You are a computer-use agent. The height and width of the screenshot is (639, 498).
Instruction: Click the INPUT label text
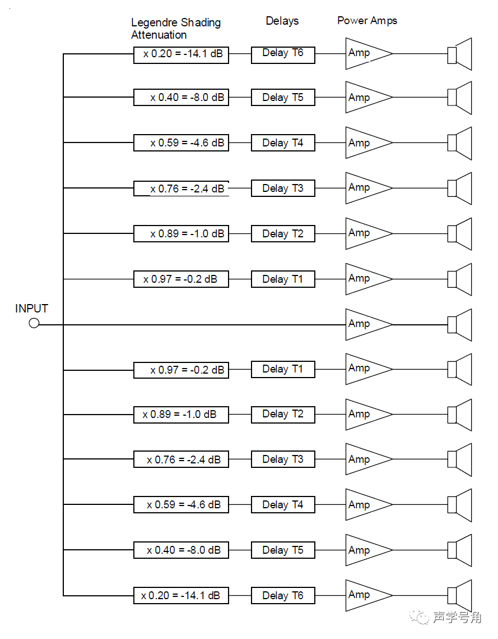(x=31, y=309)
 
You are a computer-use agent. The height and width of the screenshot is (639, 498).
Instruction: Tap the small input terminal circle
(x=34, y=324)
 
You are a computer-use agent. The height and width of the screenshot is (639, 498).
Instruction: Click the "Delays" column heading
(x=282, y=21)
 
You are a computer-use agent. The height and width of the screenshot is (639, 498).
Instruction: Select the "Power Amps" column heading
(x=367, y=21)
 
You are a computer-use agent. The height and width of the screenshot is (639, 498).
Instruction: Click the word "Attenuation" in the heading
(x=159, y=35)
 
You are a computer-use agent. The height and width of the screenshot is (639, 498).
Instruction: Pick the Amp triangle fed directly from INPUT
(x=364, y=324)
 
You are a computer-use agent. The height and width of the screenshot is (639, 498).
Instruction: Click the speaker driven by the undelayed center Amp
(x=460, y=324)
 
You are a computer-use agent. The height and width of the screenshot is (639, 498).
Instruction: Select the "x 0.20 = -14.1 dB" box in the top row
(x=181, y=54)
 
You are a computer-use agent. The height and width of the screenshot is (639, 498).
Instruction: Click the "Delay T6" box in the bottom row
(x=283, y=595)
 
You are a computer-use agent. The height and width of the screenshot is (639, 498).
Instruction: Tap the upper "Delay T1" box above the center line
(x=283, y=279)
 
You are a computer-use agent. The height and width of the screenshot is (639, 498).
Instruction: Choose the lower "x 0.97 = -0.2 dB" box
(x=181, y=370)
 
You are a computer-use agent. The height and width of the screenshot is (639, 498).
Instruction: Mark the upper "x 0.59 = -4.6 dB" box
(x=181, y=142)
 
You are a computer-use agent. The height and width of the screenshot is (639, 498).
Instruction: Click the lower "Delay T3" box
(x=283, y=459)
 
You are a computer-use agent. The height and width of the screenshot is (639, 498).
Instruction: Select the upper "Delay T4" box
(x=283, y=142)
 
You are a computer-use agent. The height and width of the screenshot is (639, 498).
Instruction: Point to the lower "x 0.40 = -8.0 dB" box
(x=181, y=550)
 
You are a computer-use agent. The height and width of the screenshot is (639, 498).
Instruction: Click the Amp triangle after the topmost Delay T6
(x=364, y=54)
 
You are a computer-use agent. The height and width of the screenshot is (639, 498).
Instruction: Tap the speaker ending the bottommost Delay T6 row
(x=460, y=595)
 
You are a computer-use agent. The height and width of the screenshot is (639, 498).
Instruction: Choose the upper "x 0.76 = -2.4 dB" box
(x=181, y=188)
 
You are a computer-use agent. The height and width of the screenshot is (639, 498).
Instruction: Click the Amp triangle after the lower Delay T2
(x=364, y=415)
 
